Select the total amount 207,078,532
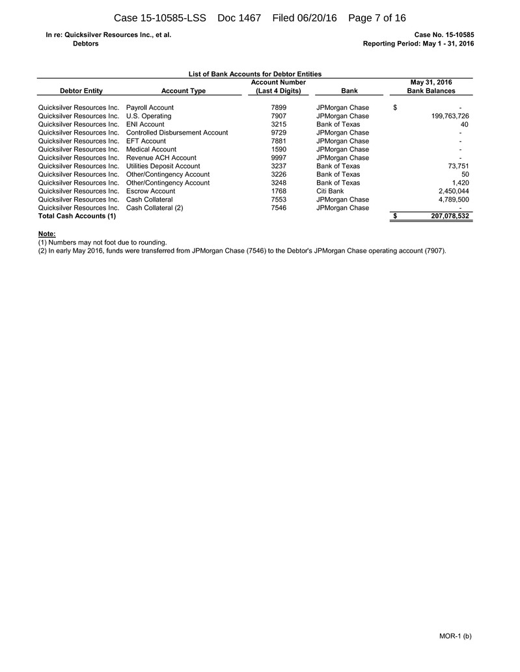[x=441, y=216]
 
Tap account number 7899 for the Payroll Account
[x=279, y=107]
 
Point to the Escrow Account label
[x=150, y=191]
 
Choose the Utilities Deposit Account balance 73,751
[x=454, y=166]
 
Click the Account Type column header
[x=183, y=91]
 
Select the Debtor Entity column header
[x=81, y=91]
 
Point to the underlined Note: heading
[x=47, y=233]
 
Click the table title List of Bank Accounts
[x=254, y=74]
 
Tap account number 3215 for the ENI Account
[x=279, y=124]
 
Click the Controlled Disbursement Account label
[x=177, y=133]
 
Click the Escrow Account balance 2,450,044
[x=450, y=191]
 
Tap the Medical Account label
[x=151, y=149]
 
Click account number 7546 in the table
[x=279, y=208]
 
